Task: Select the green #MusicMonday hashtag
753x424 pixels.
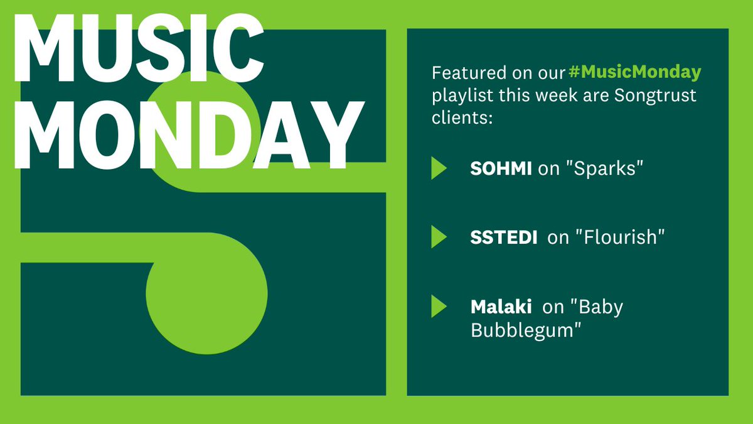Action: (x=634, y=73)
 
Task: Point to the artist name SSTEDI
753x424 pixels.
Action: (x=503, y=237)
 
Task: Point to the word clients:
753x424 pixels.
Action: (x=461, y=117)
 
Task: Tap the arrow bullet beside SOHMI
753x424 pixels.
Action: (x=439, y=168)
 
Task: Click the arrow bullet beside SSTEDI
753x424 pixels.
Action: (x=439, y=237)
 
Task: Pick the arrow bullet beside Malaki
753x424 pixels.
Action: (x=439, y=307)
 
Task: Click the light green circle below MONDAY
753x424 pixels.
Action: (x=207, y=293)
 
